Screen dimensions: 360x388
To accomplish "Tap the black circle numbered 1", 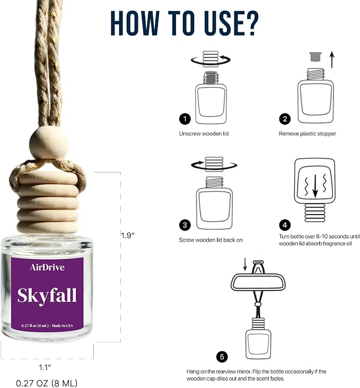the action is [185, 119].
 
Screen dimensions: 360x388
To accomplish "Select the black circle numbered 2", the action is [285, 119].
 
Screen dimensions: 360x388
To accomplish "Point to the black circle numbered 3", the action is [185, 225].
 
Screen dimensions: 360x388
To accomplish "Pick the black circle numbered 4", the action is [285, 225].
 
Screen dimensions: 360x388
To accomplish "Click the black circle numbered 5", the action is [222, 357].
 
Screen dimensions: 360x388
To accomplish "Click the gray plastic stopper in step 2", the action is [315, 56].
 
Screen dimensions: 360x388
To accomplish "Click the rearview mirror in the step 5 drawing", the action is [258, 281].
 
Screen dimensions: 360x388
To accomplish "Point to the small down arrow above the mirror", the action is [245, 264].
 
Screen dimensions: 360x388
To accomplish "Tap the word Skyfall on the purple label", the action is [47, 296].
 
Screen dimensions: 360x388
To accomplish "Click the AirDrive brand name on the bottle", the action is [47, 267].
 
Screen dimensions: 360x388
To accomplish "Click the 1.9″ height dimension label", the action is [128, 236].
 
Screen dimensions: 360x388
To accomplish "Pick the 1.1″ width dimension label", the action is [45, 367].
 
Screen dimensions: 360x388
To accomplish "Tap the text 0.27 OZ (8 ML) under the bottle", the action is [47, 383].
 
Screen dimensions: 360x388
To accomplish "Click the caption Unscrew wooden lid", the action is [204, 134].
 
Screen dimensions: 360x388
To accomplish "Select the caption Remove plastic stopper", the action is [308, 134].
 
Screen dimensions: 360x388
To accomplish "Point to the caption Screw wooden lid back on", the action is [210, 240].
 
